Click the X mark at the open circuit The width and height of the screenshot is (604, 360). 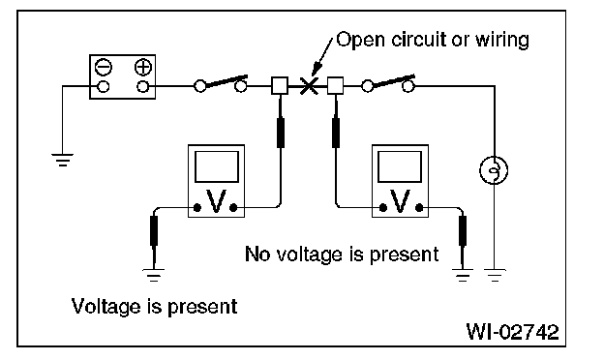coord(309,85)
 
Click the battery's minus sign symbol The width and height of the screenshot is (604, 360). coord(104,68)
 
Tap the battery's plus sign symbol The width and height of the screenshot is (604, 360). coord(143,68)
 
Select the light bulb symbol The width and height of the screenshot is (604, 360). coord(494,169)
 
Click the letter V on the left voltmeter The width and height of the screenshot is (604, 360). coord(216,201)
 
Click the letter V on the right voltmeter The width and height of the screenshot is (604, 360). coord(400,201)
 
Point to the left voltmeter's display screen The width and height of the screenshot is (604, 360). coord(217,166)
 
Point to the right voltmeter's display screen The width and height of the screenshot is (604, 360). coord(400,166)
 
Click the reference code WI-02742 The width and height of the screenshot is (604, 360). coord(512,332)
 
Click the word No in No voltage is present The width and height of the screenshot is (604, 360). coord(257,255)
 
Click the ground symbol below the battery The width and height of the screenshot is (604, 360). coord(62,160)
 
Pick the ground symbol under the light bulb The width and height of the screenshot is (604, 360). coord(495,275)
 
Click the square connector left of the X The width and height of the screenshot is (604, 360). coord(280,85)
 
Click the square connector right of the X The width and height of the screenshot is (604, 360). coord(335,85)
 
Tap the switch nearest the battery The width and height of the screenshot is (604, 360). coord(221,83)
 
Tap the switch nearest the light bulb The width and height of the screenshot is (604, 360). coord(388,83)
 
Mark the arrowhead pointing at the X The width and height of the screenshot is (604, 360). coord(317,69)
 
